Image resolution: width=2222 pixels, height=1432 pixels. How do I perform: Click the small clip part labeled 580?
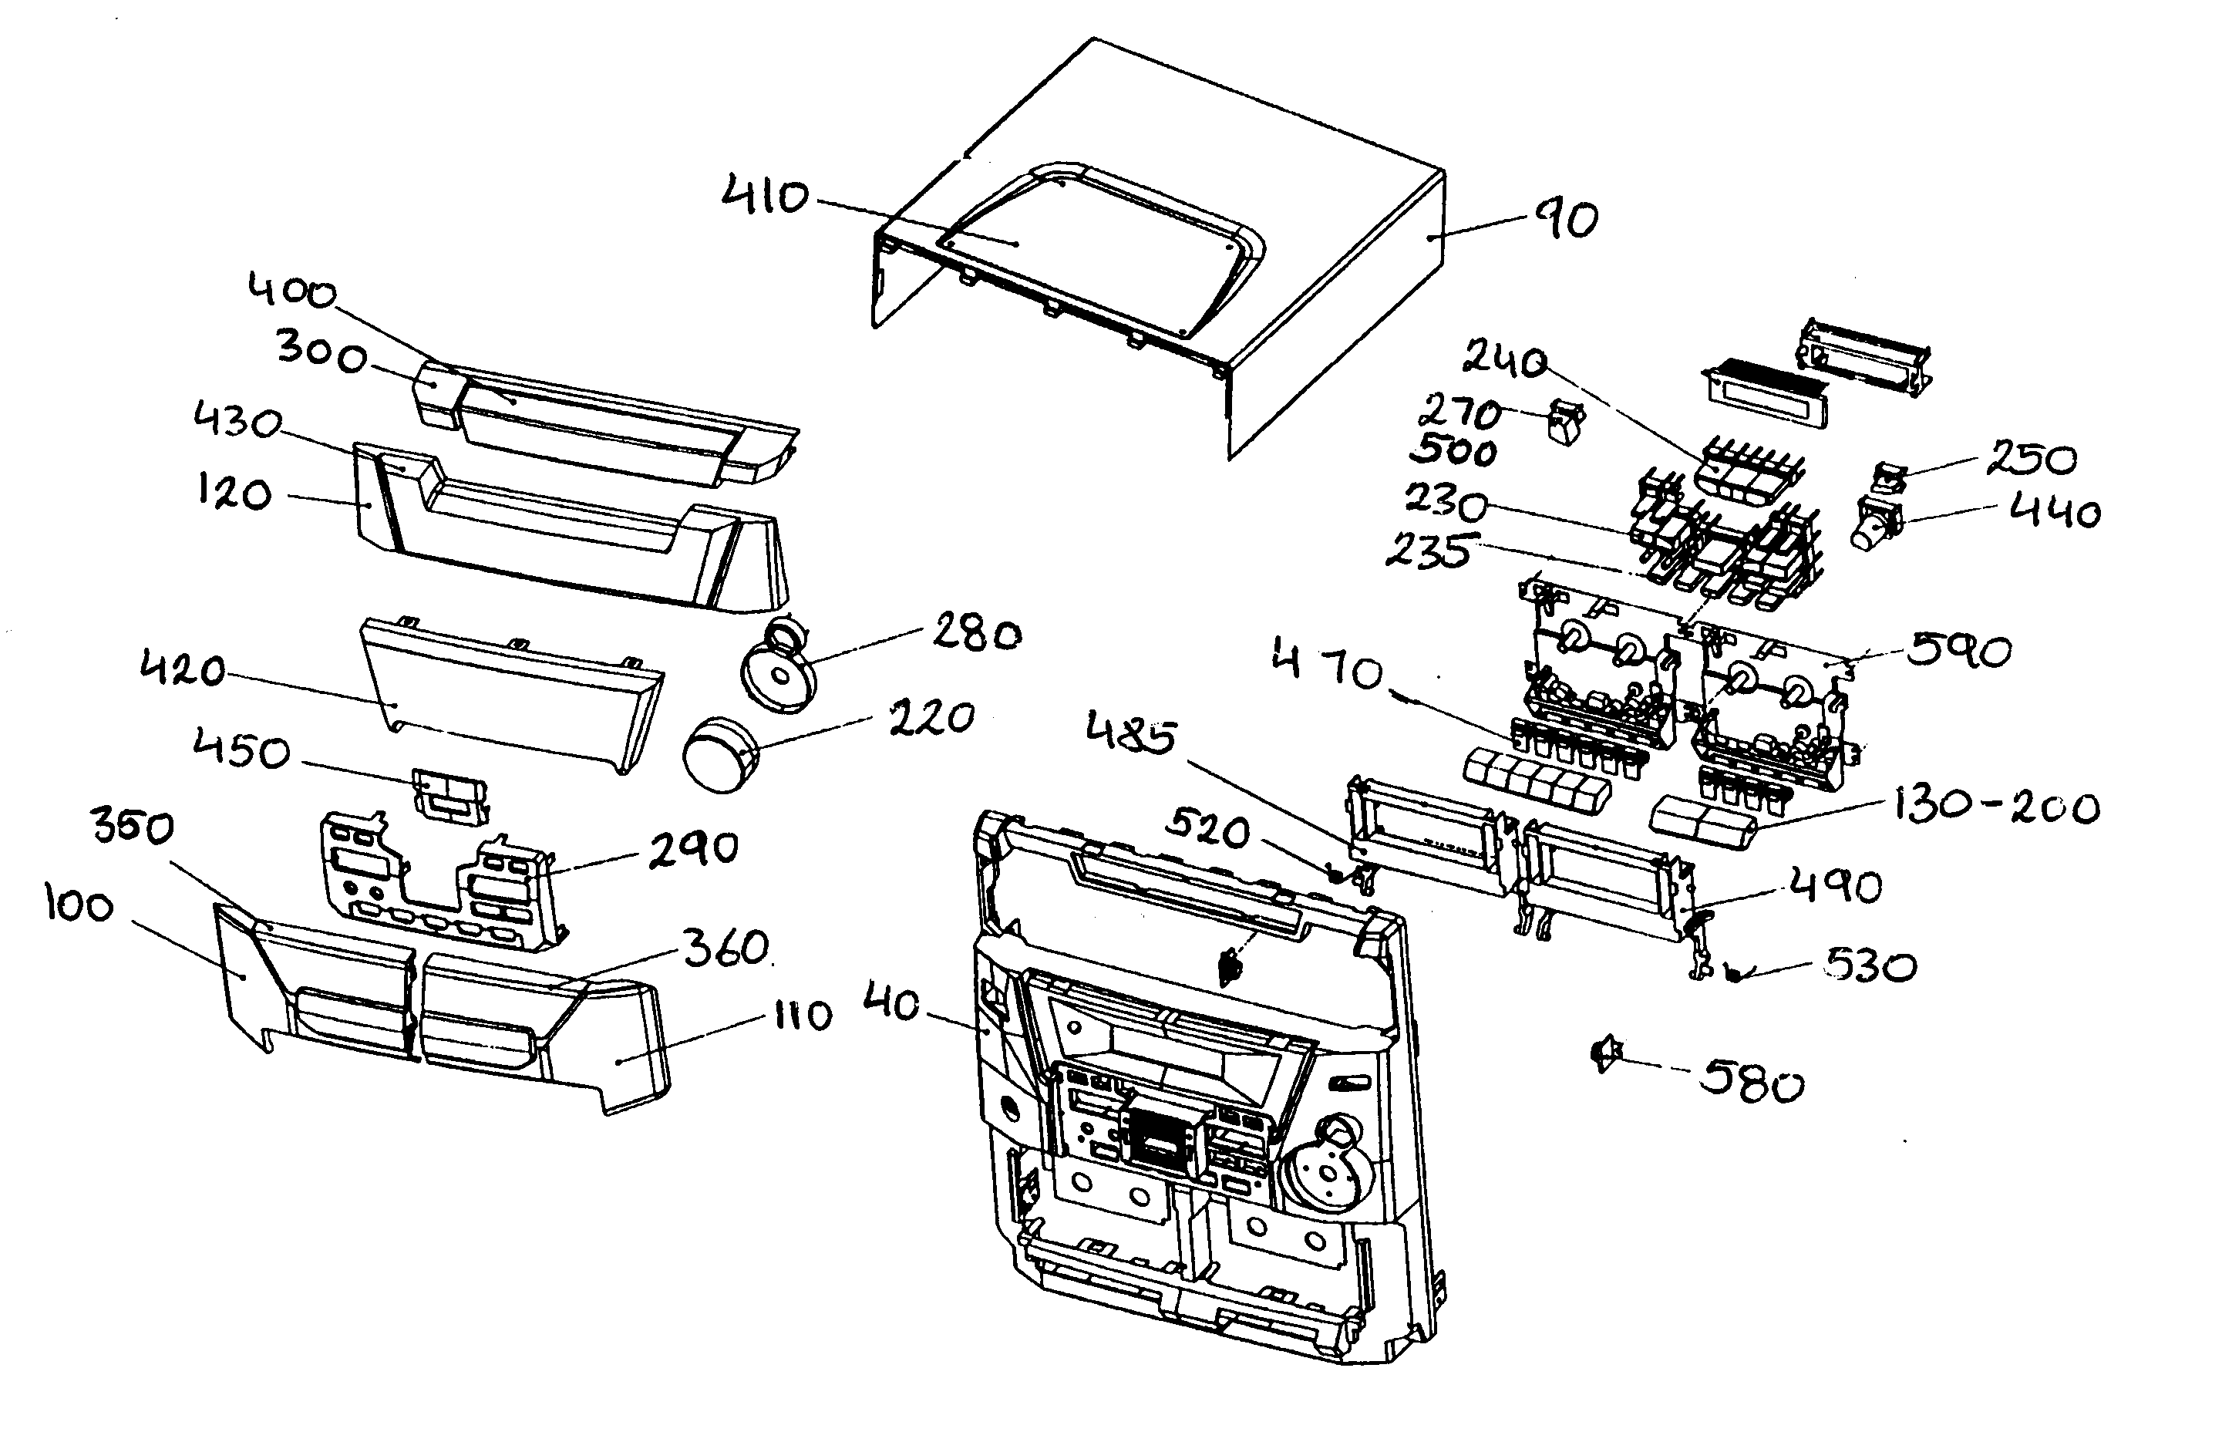click(1607, 1054)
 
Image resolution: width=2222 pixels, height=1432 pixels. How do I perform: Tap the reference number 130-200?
click(1996, 807)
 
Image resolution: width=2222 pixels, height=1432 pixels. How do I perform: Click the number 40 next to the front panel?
click(891, 1004)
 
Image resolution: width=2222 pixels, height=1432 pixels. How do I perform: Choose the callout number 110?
click(803, 1016)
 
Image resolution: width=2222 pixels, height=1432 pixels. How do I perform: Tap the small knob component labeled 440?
click(1874, 525)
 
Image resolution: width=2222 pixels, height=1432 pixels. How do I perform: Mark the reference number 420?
click(182, 669)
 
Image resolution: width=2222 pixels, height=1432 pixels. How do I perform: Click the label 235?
click(1429, 551)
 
